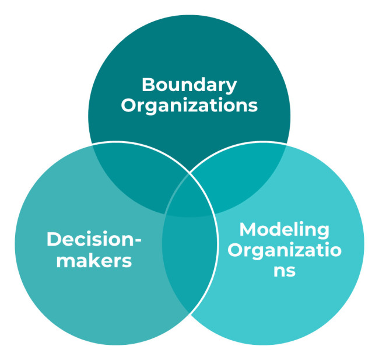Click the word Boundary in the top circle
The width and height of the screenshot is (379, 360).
pyautogui.click(x=189, y=85)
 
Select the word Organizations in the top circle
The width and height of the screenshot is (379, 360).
pyautogui.click(x=189, y=106)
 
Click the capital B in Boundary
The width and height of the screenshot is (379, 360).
pyautogui.click(x=148, y=85)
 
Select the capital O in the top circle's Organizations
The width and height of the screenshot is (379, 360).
pyautogui.click(x=129, y=106)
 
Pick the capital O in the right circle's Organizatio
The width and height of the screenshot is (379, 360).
pyautogui.click(x=236, y=250)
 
